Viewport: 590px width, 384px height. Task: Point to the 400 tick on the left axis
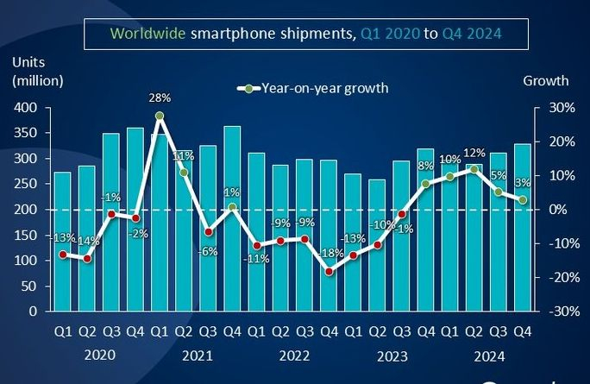click(26, 108)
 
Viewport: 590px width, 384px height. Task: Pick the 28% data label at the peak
click(160, 98)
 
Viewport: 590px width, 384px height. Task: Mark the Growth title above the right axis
click(546, 80)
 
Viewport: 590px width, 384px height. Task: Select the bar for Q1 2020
click(62, 242)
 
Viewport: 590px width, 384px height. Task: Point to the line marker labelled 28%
click(160, 116)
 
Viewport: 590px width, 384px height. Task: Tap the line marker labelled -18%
click(329, 271)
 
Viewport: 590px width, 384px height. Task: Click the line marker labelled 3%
click(522, 200)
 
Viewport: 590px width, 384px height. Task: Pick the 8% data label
click(424, 167)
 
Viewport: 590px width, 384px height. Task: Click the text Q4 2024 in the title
click(473, 34)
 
